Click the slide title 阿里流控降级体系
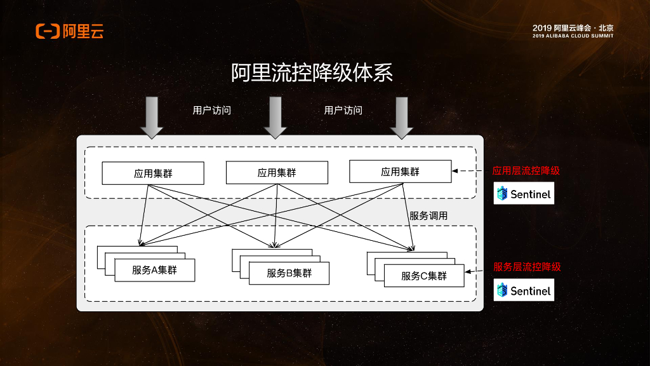point(312,73)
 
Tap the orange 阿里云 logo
point(69,30)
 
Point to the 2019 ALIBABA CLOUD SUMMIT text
point(573,36)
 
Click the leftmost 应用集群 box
point(153,173)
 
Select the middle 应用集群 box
point(277,172)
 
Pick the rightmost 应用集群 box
point(400,172)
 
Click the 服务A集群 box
point(154,270)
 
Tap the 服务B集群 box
point(289,273)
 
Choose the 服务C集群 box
point(423,276)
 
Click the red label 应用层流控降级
point(526,171)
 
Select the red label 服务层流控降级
point(527,267)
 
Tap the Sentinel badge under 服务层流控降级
point(524,290)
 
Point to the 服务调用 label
point(428,216)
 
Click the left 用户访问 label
point(211,110)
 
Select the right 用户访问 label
point(343,110)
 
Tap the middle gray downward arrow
point(275,118)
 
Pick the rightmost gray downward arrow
point(401,118)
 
